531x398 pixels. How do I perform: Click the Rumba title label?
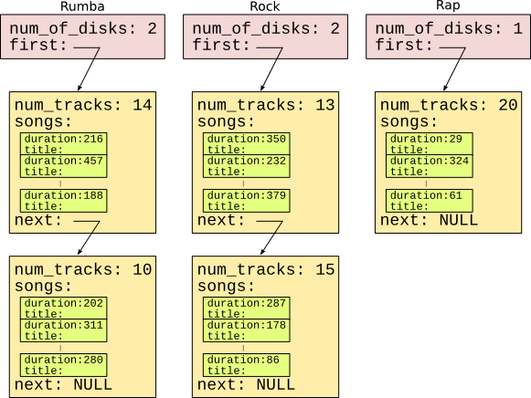82,6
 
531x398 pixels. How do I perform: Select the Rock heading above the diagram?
265,6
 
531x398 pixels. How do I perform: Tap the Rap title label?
448,5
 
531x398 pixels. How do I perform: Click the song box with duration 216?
64,143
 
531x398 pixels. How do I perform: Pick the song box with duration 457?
64,166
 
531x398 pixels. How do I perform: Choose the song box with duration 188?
64,201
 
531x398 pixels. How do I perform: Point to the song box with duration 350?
247,143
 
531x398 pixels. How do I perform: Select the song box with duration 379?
247,201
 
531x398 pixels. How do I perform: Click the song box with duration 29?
430,143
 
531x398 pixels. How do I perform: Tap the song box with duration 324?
430,166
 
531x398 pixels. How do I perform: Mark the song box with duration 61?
430,201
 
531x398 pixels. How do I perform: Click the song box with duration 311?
64,330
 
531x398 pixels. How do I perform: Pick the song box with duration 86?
247,365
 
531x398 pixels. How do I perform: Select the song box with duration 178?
247,330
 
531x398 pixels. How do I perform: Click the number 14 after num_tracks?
142,105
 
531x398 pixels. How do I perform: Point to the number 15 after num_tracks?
325,269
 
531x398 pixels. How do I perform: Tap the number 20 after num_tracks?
508,105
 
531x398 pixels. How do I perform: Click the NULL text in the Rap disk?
459,221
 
